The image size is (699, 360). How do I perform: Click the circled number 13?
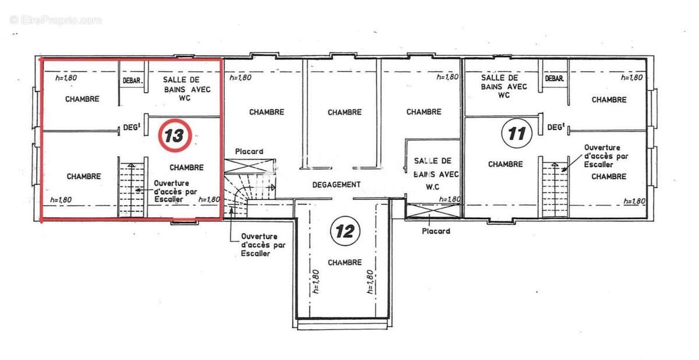[174, 136]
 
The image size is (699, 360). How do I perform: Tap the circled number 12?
[345, 231]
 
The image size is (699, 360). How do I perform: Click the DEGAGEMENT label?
[336, 185]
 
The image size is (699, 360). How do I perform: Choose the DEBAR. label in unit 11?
[555, 79]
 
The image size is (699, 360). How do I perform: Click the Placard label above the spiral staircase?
[249, 152]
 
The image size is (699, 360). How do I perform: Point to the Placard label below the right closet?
[436, 231]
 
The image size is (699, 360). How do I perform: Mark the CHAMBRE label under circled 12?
[345, 263]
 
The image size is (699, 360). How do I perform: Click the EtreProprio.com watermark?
[56, 20]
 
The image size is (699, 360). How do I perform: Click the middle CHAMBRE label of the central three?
[345, 112]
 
